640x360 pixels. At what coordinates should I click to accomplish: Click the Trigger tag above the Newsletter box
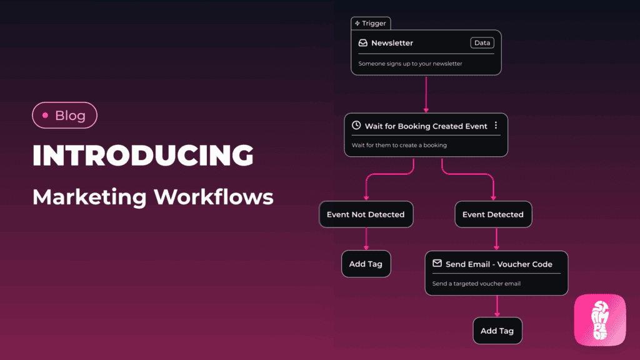tap(371, 23)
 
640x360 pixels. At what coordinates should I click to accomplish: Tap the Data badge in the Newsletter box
tap(482, 43)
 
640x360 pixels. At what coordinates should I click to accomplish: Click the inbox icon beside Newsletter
tap(362, 43)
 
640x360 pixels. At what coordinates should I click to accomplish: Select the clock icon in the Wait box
tap(356, 126)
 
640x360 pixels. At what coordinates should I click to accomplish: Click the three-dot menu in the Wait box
tap(496, 126)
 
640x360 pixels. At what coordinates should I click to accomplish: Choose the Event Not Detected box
tap(366, 214)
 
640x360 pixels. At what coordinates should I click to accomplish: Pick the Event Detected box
tap(493, 214)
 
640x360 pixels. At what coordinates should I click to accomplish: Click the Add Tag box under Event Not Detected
tap(366, 264)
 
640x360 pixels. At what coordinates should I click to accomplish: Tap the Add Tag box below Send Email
tap(497, 331)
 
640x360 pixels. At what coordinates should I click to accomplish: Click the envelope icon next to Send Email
tap(437, 264)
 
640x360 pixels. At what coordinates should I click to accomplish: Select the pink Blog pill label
tap(64, 115)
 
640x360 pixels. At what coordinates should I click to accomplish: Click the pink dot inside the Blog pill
tap(45, 116)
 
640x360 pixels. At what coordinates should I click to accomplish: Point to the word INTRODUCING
tap(143, 156)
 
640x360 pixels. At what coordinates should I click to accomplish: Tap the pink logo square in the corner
tap(600, 319)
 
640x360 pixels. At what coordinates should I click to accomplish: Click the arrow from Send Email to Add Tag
tap(497, 306)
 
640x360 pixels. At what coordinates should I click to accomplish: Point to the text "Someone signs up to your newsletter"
tap(410, 64)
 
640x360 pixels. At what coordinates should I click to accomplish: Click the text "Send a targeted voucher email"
tap(476, 284)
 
